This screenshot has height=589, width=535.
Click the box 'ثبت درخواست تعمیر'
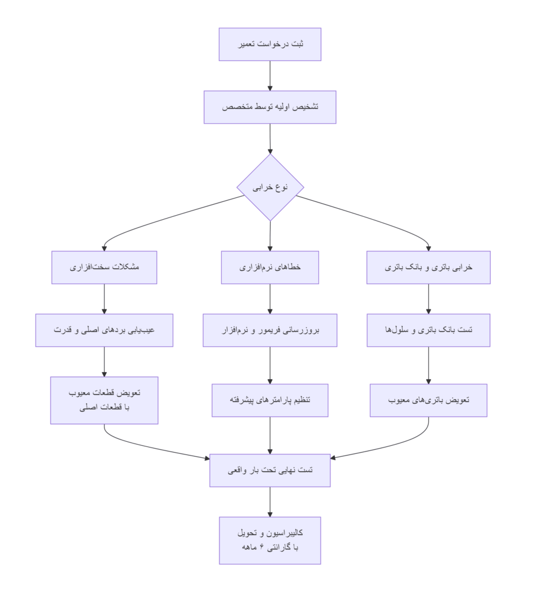point(270,44)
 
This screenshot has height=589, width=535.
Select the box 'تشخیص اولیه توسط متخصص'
point(270,107)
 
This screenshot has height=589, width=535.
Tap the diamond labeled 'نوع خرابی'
point(270,187)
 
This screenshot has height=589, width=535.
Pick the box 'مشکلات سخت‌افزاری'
point(104,267)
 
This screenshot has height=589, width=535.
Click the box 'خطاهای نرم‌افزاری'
point(270,267)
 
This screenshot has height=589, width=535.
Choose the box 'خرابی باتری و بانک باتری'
point(428,267)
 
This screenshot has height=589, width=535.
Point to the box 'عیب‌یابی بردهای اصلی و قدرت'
point(104,330)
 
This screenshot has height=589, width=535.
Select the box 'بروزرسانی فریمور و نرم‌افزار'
point(270,330)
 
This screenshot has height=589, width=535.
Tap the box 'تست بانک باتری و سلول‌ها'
point(428,330)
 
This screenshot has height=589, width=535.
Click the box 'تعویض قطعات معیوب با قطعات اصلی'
point(104,400)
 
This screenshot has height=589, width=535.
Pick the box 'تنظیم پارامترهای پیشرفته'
point(270,400)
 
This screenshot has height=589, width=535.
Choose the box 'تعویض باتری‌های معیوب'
point(428,400)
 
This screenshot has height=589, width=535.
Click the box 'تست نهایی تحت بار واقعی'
point(270,470)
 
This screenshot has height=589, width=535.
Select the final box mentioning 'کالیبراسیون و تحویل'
point(270,540)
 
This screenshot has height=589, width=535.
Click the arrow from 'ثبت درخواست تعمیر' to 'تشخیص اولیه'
point(270,75)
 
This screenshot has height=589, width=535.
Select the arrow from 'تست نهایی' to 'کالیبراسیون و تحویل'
point(270,502)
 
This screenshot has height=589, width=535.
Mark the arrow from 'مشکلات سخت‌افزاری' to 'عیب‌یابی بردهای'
point(104,299)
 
